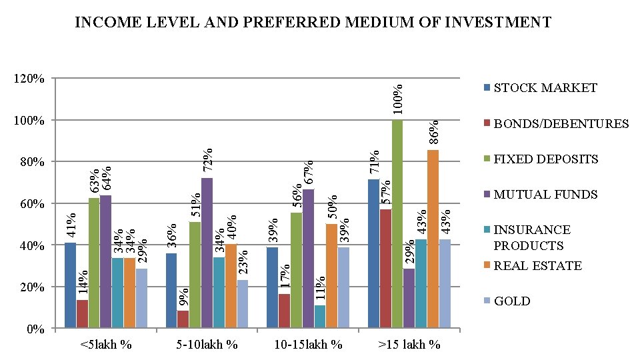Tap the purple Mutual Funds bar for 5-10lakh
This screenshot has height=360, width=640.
pos(207,253)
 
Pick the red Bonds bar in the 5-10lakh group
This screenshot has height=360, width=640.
pos(183,319)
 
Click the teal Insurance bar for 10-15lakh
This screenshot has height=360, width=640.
pos(319,316)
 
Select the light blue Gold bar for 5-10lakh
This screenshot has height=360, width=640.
pos(242,303)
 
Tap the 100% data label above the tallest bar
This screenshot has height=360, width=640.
pos(398,99)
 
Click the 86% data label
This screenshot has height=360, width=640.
pos(434,132)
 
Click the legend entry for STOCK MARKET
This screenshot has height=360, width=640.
pos(545,88)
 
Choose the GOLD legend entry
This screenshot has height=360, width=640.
pos(511,301)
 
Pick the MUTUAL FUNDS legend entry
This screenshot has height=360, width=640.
pos(545,195)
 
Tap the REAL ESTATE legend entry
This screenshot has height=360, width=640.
pos(537,265)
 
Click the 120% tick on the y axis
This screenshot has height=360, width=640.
pos(30,79)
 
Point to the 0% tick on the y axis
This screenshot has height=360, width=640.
pos(35,329)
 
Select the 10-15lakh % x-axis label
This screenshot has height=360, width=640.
pos(309,345)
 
